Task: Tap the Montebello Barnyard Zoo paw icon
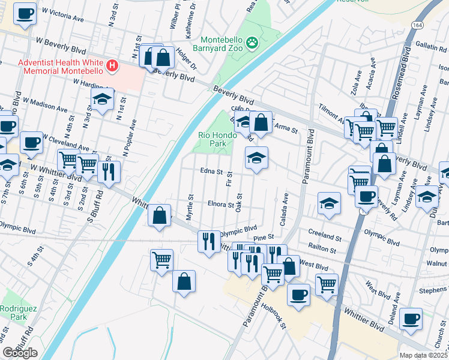(x=254, y=43)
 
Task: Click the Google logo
(x=20, y=353)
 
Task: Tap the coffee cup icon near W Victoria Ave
(x=25, y=13)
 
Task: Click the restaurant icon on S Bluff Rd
(x=109, y=170)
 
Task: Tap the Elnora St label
(x=221, y=205)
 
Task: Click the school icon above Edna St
(x=256, y=158)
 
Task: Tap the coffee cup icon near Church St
(x=411, y=319)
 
